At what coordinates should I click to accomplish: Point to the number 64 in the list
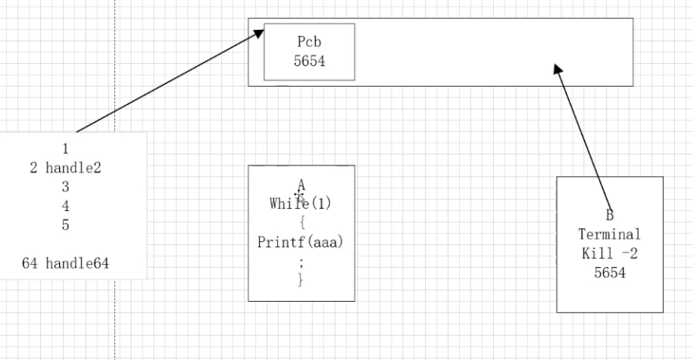(30, 262)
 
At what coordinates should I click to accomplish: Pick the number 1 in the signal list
(65, 148)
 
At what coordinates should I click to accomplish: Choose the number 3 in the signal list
(65, 186)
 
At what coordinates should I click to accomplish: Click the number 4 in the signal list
(65, 205)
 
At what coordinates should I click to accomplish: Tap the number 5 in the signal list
(65, 224)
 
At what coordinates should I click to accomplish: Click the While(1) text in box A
(301, 203)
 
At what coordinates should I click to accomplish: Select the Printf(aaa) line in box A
(301, 241)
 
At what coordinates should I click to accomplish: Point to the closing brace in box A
(300, 279)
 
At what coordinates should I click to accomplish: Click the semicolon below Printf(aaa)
(300, 260)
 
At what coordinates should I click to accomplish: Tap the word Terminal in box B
(610, 234)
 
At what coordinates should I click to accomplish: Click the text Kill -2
(610, 253)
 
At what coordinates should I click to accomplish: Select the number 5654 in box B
(610, 272)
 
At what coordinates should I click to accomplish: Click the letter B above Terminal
(610, 215)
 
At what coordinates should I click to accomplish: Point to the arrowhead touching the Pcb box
(258, 34)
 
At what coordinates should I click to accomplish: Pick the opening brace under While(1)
(301, 222)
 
